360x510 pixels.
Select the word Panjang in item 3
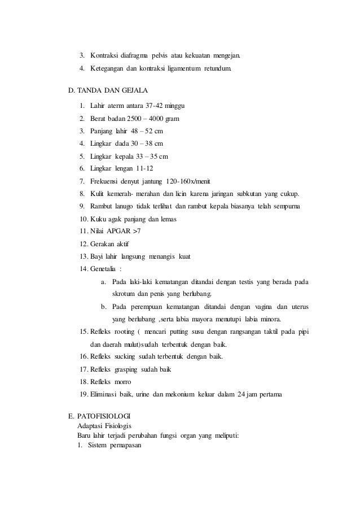(x=103, y=131)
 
